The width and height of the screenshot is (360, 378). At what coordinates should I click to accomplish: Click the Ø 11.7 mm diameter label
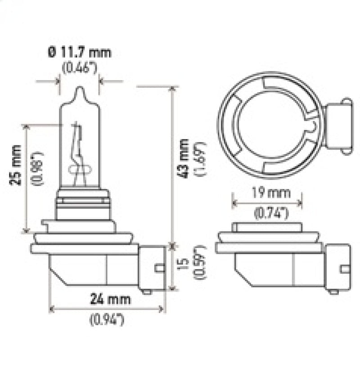click(x=78, y=53)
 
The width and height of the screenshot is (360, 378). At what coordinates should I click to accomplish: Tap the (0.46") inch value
click(x=79, y=68)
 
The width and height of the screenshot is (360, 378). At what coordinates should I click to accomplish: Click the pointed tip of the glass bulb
click(x=79, y=89)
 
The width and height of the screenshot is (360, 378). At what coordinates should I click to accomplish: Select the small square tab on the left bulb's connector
click(x=158, y=268)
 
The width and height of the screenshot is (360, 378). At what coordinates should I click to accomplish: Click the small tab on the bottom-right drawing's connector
click(x=345, y=270)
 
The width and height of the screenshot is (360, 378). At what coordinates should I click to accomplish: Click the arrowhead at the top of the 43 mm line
click(x=172, y=88)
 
